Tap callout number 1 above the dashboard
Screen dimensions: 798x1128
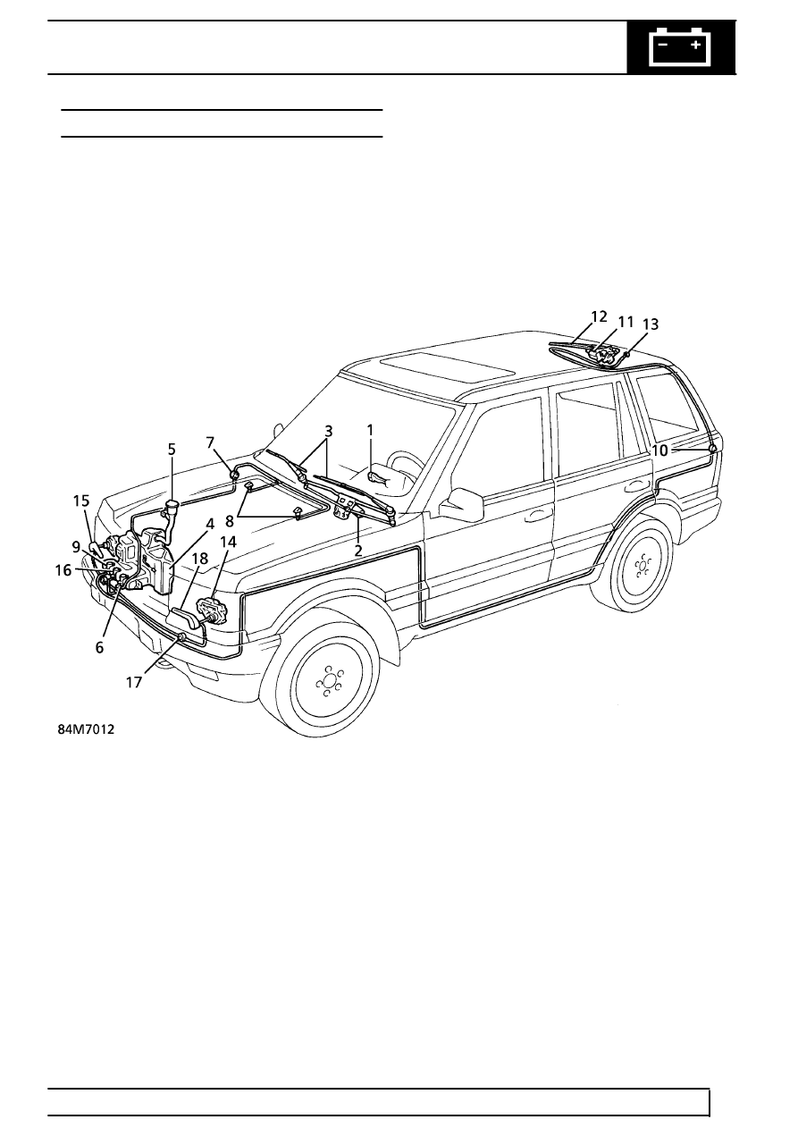click(x=370, y=431)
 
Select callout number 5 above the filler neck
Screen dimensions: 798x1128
click(x=172, y=450)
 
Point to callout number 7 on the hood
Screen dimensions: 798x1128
click(x=210, y=442)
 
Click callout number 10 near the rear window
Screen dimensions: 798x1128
click(x=659, y=450)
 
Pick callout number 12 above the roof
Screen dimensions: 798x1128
click(x=599, y=316)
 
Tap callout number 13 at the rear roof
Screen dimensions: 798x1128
click(x=651, y=324)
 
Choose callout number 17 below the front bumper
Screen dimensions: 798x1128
click(x=134, y=682)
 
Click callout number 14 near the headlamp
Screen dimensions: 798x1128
click(x=228, y=542)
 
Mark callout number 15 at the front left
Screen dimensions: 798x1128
click(x=81, y=501)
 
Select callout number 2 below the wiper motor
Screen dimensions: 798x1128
click(x=358, y=551)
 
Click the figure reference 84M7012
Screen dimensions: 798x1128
click(x=86, y=729)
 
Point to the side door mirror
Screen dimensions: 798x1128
click(x=461, y=504)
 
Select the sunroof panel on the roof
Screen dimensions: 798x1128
click(x=447, y=365)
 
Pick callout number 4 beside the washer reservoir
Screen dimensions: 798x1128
click(x=210, y=524)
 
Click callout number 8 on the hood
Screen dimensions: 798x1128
click(x=230, y=522)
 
